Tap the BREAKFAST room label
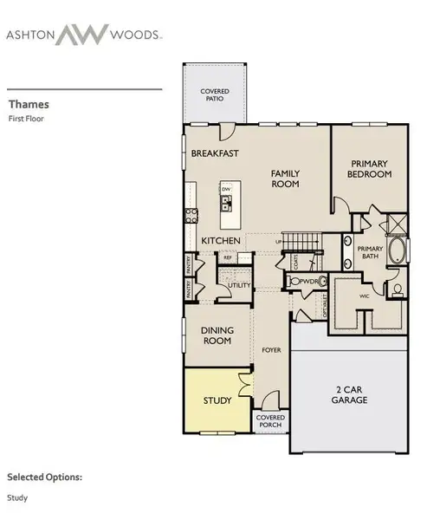tap(215, 153)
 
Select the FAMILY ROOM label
tap(285, 179)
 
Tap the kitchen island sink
tap(226, 205)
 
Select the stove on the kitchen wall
tap(188, 213)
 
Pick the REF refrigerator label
tap(228, 257)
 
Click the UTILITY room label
tap(239, 285)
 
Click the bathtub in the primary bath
tap(398, 251)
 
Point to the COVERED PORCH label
tap(270, 421)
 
